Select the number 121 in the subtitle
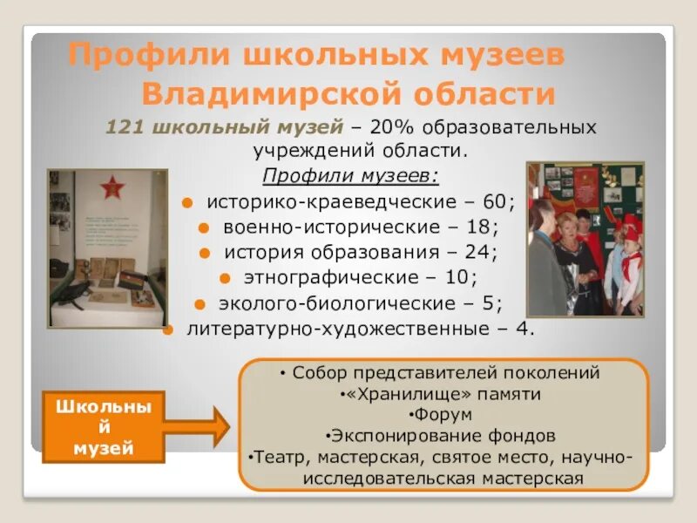pyautogui.click(x=125, y=127)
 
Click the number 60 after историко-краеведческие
pyautogui.click(x=493, y=202)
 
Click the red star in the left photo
pyautogui.click(x=112, y=187)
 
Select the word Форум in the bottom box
pyautogui.click(x=443, y=414)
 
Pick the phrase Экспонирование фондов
pyautogui.click(x=443, y=435)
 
